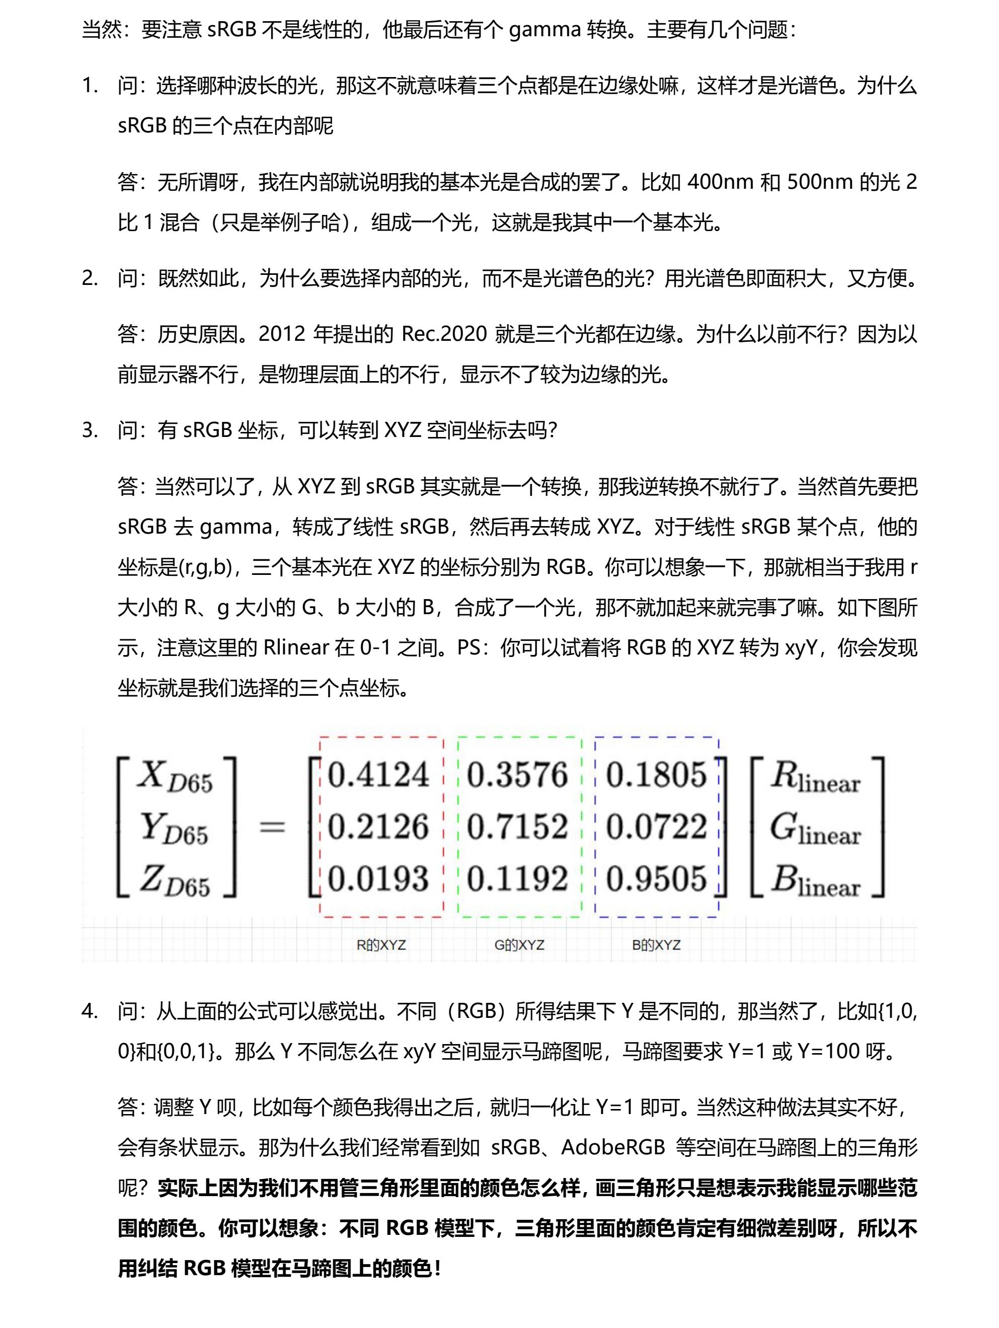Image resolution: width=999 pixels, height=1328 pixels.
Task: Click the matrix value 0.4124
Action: point(379,774)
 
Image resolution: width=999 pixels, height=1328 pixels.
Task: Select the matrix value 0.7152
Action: point(517,827)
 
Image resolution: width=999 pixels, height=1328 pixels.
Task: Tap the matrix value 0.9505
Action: point(656,879)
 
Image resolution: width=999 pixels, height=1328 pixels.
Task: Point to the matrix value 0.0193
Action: point(379,879)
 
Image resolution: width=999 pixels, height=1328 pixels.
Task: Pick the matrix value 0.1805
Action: point(656,774)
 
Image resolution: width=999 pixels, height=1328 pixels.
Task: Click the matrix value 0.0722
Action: point(656,827)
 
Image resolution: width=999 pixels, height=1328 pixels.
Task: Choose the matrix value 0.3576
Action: point(517,774)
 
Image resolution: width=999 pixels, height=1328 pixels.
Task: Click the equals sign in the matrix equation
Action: point(271,827)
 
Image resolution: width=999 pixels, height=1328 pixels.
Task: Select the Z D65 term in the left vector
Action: point(175,881)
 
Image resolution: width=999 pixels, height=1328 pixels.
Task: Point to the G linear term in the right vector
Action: point(815,829)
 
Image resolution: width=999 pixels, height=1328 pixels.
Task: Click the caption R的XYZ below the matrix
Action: point(381,945)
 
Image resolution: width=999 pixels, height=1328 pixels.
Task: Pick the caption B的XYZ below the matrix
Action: point(656,945)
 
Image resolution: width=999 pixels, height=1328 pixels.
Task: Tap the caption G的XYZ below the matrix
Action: point(519,945)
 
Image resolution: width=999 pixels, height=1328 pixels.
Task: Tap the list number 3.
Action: point(90,430)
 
